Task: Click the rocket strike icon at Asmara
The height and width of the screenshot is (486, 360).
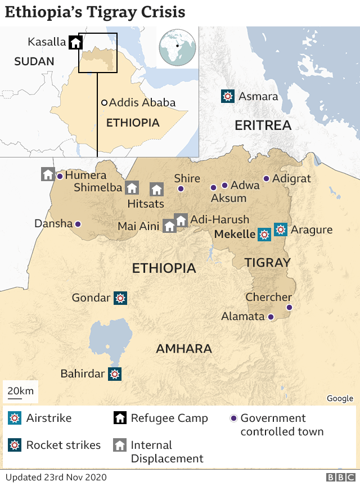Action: [x=227, y=96]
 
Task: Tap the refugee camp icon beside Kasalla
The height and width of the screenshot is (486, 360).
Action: [x=75, y=42]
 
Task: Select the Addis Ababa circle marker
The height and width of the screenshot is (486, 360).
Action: [x=104, y=102]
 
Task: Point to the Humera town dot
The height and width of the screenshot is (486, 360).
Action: [x=60, y=176]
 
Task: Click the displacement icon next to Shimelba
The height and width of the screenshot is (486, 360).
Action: [x=132, y=188]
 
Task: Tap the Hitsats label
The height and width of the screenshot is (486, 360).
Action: [x=146, y=203]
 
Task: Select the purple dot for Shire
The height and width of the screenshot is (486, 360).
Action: [x=181, y=188]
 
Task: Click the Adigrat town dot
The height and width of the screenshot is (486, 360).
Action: [x=266, y=179]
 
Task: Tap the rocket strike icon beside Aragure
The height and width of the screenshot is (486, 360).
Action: [x=280, y=229]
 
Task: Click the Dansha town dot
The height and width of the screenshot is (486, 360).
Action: [x=78, y=224]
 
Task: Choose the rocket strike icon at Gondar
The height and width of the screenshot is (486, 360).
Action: [x=120, y=298]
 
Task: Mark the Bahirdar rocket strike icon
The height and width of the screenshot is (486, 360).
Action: [x=115, y=373]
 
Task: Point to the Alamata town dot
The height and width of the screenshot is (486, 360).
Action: [x=271, y=317]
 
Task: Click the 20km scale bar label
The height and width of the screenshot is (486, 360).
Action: [x=21, y=391]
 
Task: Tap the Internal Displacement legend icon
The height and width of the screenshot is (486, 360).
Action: [x=119, y=445]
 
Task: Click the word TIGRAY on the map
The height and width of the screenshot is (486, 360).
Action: [x=268, y=262]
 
